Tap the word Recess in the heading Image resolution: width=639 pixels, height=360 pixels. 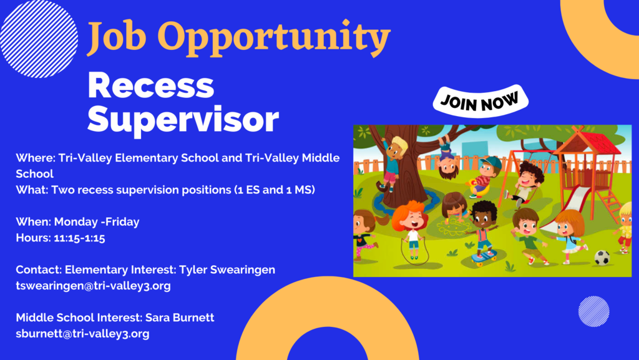pos(151,85)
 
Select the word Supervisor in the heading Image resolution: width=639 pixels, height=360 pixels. pos(183,120)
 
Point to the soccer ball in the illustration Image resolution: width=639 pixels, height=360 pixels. pos(602,258)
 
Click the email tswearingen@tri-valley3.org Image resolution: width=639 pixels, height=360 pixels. pos(94,286)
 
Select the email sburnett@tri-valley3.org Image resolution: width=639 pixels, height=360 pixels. pos(83,334)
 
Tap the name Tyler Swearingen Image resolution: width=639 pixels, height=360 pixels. pos(227,270)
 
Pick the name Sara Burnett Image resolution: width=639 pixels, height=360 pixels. pos(180,318)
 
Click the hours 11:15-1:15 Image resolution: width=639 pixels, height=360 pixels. pos(79,238)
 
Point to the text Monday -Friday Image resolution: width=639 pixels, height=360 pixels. pos(97,222)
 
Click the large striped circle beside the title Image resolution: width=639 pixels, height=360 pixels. pos(39,39)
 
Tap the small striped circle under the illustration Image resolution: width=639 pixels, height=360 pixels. pos(594,311)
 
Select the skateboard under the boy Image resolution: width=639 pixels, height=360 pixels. pos(484,258)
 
